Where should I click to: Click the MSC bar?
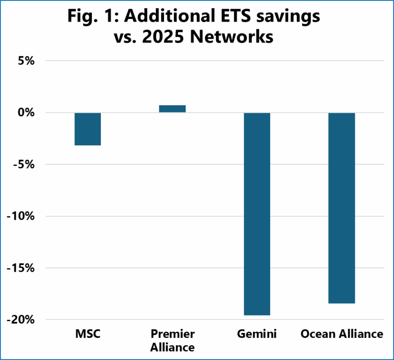pos(88,129)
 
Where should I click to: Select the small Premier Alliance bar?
pos(172,108)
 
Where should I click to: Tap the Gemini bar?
pos(257,214)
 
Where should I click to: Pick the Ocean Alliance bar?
pos(342,208)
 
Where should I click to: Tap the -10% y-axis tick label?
pos(20,216)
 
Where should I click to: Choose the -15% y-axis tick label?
pos(20,268)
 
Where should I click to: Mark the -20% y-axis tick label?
pos(20,319)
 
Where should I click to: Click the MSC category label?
pos(88,334)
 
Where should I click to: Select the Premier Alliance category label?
pos(172,341)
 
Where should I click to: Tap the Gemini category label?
pos(257,334)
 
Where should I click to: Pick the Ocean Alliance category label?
pos(342,334)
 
